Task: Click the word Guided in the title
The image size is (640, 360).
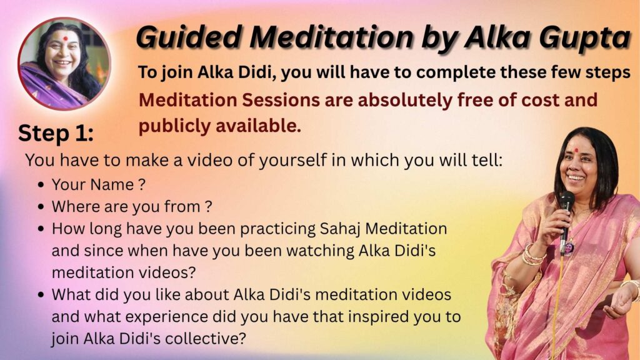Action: click(x=189, y=37)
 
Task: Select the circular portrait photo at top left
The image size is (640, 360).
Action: click(x=64, y=64)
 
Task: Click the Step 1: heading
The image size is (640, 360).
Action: click(x=56, y=133)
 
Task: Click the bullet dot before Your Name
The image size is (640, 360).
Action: click(x=41, y=185)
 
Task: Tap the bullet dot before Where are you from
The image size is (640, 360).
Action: click(x=41, y=207)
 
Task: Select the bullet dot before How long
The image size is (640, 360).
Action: click(x=41, y=229)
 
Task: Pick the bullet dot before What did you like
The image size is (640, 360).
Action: click(x=41, y=295)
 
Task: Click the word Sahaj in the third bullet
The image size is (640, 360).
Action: click(x=339, y=229)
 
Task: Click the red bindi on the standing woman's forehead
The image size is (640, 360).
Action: click(x=576, y=150)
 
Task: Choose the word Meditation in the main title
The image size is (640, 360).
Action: click(x=332, y=37)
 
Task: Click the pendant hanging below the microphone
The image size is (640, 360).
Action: click(x=569, y=247)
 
